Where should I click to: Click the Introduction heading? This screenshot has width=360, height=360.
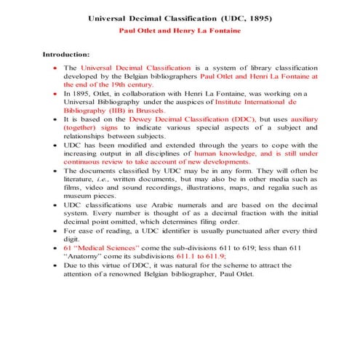(x=66, y=54)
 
